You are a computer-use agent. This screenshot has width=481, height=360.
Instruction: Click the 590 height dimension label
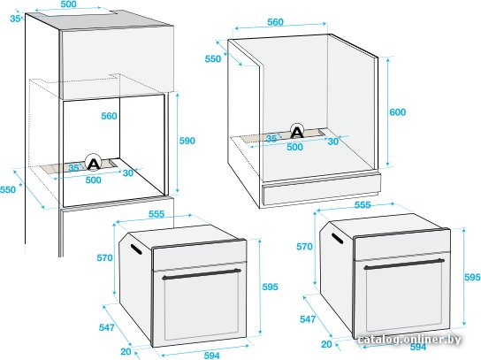tap(187, 141)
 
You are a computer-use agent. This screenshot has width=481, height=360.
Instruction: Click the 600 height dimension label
tap(398, 112)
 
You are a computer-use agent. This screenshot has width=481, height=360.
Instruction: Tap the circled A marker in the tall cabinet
tap(93, 163)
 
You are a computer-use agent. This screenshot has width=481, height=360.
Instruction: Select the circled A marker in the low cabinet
tap(297, 131)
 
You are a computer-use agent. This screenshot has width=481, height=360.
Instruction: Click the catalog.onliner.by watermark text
tap(409, 340)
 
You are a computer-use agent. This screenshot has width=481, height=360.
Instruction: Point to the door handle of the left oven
tap(202, 274)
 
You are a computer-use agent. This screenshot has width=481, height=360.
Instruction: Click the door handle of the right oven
tap(404, 264)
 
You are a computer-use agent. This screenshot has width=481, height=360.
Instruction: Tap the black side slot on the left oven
tap(136, 249)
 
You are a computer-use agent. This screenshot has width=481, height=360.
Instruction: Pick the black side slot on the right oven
tap(337, 238)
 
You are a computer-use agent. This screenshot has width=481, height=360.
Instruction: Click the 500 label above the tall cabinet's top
tap(68, 4)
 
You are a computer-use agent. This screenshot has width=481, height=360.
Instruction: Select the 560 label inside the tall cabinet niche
tap(110, 116)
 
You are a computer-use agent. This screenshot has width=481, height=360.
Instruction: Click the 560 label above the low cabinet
tap(275, 22)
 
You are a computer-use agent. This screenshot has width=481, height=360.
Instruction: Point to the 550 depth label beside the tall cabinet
tap(8, 189)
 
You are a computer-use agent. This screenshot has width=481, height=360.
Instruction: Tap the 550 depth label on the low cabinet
tap(213, 58)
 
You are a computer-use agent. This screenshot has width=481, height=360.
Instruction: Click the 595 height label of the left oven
tap(270, 287)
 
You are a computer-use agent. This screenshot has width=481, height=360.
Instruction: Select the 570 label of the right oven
tap(304, 247)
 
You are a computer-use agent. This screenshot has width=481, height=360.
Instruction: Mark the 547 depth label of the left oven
tap(107, 327)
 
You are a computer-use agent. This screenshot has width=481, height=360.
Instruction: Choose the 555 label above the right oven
tap(363, 204)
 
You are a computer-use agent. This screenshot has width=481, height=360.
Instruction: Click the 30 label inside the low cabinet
tap(333, 142)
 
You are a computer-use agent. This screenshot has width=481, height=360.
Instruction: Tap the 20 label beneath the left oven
tap(126, 351)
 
